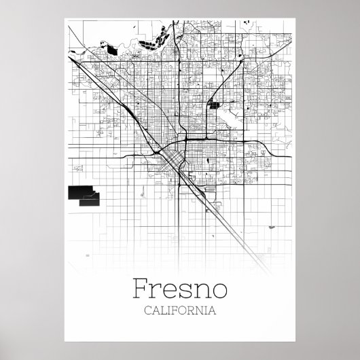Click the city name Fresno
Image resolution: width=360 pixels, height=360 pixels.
point(179,289)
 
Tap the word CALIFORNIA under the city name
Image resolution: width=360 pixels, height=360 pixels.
point(180,311)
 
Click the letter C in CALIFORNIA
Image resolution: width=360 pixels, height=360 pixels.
point(148,311)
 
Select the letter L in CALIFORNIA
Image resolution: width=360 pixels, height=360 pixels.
point(164,311)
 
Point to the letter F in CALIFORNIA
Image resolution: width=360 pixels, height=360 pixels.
point(175,311)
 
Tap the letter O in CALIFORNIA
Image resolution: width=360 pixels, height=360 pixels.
point(183,311)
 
